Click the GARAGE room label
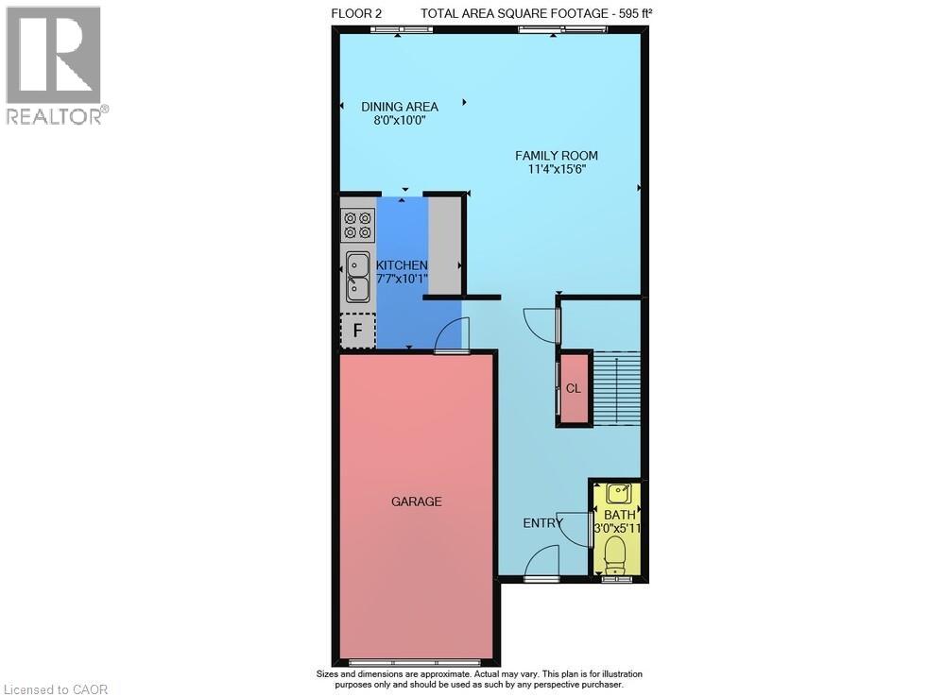click(x=417, y=501)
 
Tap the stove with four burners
click(x=357, y=225)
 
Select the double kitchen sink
click(x=358, y=277)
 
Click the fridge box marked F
click(x=358, y=331)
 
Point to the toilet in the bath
click(x=615, y=554)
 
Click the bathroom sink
click(x=619, y=493)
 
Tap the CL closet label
click(x=574, y=388)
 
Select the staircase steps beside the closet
click(x=617, y=388)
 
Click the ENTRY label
click(x=542, y=523)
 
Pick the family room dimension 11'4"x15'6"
click(x=557, y=169)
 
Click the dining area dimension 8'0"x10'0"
click(x=400, y=121)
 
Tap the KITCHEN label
click(x=402, y=265)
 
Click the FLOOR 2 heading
click(x=356, y=14)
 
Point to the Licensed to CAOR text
click(x=56, y=689)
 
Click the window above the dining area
click(x=401, y=28)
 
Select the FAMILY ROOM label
click(x=557, y=156)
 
